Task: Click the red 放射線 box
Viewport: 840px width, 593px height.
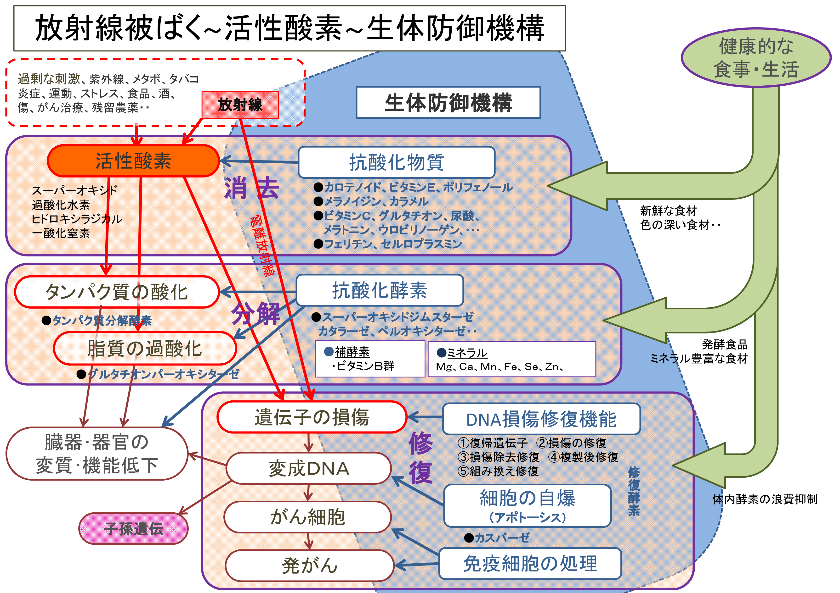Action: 240,105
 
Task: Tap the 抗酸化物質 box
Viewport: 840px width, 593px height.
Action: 397,162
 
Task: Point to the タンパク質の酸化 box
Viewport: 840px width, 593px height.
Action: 117,292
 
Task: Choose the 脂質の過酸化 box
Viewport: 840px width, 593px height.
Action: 145,348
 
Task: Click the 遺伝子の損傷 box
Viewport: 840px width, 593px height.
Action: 312,417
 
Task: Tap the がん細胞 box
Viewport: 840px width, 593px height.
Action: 308,517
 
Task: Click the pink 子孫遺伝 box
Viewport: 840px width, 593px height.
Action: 134,528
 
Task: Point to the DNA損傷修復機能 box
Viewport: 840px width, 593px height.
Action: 541,419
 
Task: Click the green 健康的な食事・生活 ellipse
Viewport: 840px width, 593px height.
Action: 756,58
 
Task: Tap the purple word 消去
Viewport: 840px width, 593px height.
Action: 252,188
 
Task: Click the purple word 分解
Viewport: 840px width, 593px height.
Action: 255,314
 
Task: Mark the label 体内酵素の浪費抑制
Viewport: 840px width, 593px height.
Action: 765,499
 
